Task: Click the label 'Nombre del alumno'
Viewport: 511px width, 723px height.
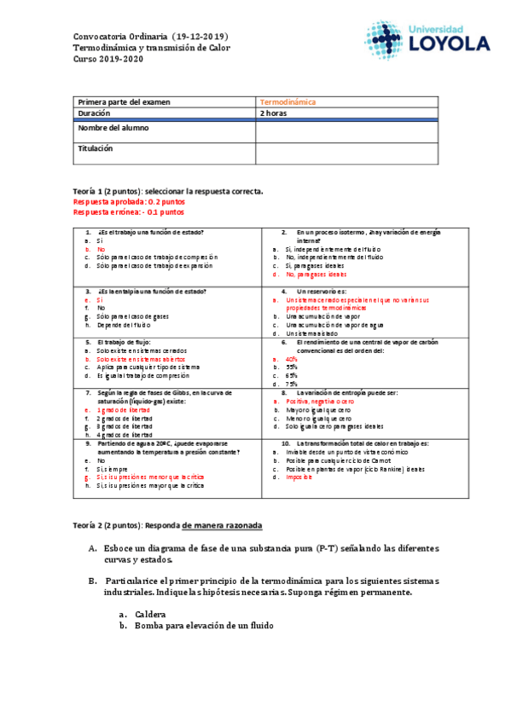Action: (113, 128)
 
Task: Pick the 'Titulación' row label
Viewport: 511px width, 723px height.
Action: (95, 147)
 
